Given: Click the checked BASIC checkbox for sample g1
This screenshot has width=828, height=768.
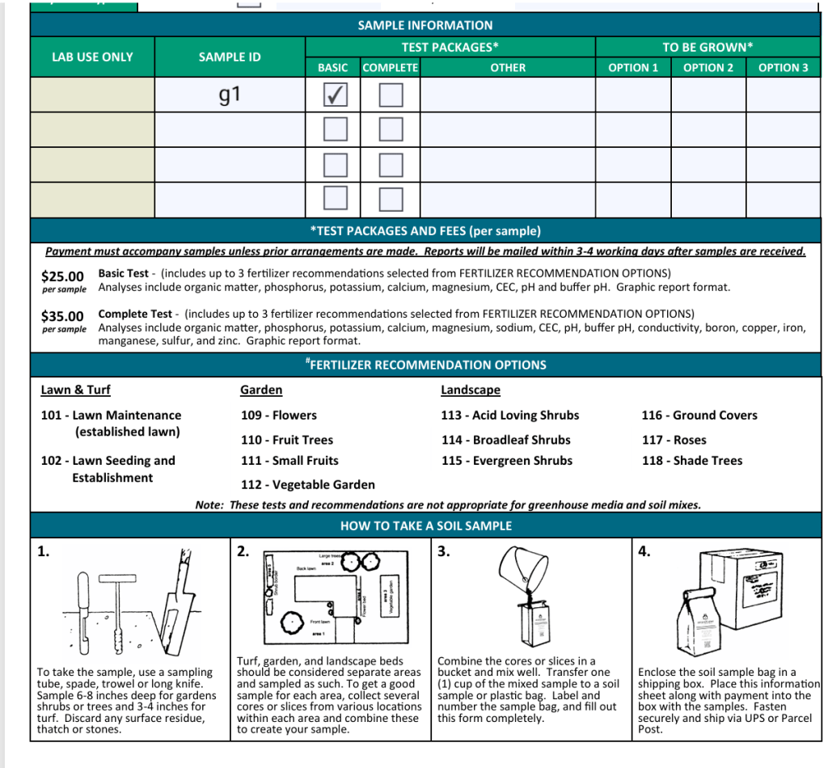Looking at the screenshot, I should (334, 95).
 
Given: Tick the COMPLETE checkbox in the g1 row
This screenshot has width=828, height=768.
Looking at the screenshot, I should (391, 95).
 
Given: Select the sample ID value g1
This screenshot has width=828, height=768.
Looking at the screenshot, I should (230, 95).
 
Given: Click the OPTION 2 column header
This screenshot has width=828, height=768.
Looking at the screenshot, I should (708, 68).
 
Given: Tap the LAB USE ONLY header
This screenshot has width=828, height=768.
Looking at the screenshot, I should (92, 57).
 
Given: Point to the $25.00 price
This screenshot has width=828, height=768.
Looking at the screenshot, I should (63, 276).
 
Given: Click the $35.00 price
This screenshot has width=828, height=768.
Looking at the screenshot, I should (63, 316).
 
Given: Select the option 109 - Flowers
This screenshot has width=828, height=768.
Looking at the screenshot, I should (278, 416).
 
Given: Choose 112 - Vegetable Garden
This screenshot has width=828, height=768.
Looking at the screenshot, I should (307, 485).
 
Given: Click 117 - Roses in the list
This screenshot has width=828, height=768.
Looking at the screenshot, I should (674, 441).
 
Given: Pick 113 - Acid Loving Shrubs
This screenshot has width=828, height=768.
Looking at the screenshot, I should (509, 416).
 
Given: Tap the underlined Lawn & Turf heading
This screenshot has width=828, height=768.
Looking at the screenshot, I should (75, 390).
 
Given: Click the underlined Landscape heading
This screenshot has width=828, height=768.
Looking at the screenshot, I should (470, 390).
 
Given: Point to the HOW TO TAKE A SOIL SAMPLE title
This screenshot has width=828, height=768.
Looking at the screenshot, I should (425, 525).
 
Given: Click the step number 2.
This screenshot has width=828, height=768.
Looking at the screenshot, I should (243, 552).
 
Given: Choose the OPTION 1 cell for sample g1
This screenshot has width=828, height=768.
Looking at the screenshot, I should (633, 95).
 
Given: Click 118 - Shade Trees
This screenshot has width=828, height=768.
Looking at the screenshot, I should (691, 461).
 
